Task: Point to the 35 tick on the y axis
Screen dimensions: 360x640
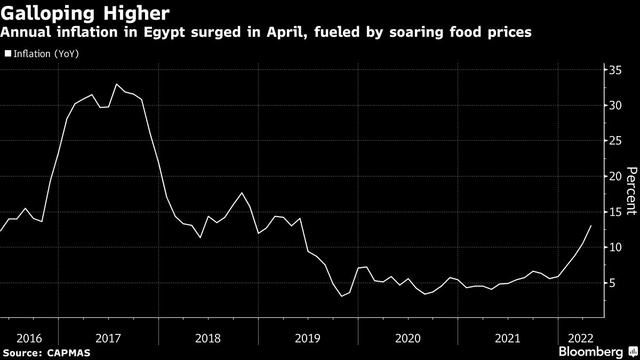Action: tap(616, 70)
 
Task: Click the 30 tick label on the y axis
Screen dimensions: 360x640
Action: tap(616, 106)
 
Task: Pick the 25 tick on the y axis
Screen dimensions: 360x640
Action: tap(616, 141)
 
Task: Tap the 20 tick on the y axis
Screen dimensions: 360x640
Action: tap(616, 177)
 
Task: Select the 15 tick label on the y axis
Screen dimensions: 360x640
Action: tap(616, 212)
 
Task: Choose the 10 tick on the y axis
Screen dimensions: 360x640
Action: tap(616, 247)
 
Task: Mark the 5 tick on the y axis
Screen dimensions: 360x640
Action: tap(613, 283)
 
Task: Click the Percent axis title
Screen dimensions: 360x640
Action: tap(631, 190)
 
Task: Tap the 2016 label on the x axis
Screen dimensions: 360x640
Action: tap(30, 338)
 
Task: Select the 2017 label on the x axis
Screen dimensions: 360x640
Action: tap(109, 338)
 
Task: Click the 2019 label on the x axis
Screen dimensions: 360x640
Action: tap(308, 338)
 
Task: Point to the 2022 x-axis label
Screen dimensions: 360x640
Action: tap(580, 338)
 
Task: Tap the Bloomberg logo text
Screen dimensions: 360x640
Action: tap(590, 352)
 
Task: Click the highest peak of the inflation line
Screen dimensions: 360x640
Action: tap(117, 84)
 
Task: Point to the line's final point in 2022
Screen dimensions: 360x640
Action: tap(591, 226)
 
